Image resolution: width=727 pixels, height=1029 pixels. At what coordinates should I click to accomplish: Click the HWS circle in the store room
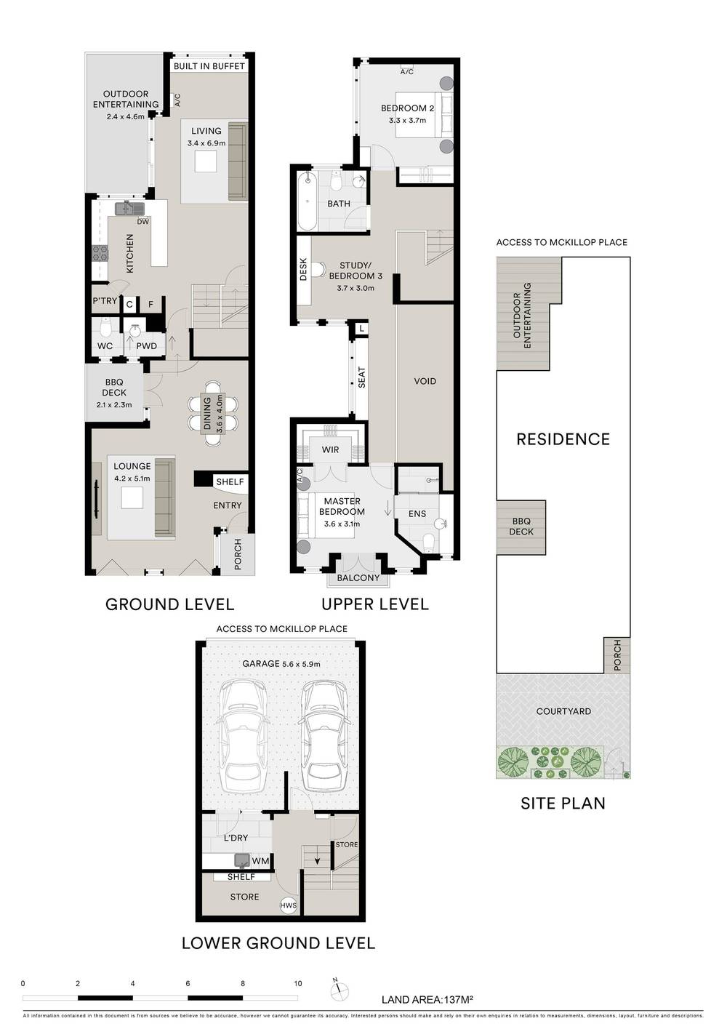pyautogui.click(x=288, y=905)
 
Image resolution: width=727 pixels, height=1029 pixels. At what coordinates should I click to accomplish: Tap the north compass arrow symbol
pyautogui.click(x=339, y=988)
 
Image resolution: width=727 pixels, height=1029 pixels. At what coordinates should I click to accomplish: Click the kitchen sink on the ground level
pyautogui.click(x=129, y=209)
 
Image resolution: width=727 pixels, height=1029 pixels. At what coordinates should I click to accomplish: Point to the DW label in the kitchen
pyautogui.click(x=142, y=222)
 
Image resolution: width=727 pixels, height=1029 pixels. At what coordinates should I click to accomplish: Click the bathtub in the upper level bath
pyautogui.click(x=307, y=201)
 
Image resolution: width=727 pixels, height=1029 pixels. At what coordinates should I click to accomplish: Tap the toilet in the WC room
pyautogui.click(x=106, y=327)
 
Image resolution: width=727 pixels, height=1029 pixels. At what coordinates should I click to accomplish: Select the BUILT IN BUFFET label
pyautogui.click(x=209, y=66)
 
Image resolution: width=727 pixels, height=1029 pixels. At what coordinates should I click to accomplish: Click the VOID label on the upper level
pyautogui.click(x=425, y=381)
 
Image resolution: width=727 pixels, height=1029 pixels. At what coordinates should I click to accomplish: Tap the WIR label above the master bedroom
pyautogui.click(x=330, y=449)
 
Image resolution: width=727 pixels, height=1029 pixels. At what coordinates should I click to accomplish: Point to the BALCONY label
pyautogui.click(x=358, y=578)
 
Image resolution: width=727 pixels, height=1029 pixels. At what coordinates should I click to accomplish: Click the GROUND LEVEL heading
pyautogui.click(x=170, y=604)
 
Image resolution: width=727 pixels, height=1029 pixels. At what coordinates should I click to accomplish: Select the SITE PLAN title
pyautogui.click(x=563, y=804)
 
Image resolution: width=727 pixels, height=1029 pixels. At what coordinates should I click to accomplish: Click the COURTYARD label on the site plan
pyautogui.click(x=563, y=711)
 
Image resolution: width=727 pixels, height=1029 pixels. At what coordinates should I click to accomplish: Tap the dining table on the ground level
pyautogui.click(x=212, y=414)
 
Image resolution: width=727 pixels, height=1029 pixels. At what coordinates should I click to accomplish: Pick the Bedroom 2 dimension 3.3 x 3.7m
pyautogui.click(x=407, y=121)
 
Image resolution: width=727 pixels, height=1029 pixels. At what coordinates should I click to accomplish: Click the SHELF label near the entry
pyautogui.click(x=230, y=481)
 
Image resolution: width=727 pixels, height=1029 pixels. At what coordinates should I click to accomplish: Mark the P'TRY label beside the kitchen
pyautogui.click(x=105, y=301)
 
